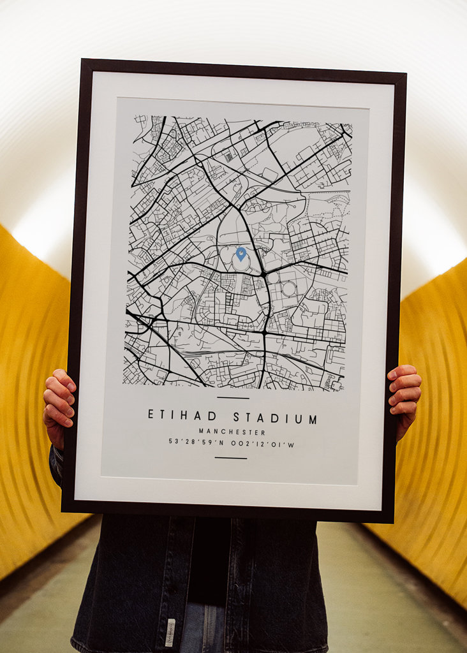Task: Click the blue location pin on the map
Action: pyautogui.click(x=241, y=254)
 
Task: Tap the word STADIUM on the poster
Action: pyautogui.click(x=275, y=418)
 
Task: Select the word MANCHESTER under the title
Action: pyautogui.click(x=232, y=432)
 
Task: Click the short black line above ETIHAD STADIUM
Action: pyautogui.click(x=232, y=398)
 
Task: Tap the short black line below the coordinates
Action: pyautogui.click(x=230, y=457)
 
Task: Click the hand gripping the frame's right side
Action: pyautogui.click(x=404, y=396)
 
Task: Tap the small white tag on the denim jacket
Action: pyautogui.click(x=170, y=632)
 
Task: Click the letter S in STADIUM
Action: pyautogui.click(x=237, y=418)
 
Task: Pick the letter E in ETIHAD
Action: pyautogui.click(x=151, y=415)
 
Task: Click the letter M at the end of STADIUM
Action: pyautogui.click(x=313, y=420)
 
